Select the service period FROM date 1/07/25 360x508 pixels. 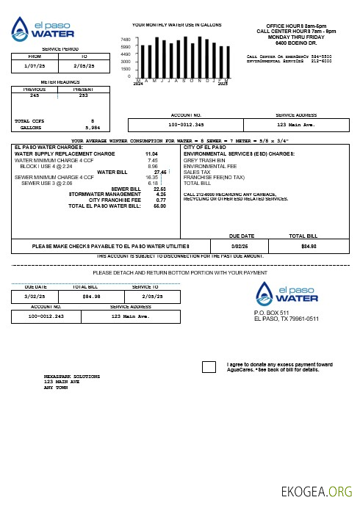(x=35, y=65)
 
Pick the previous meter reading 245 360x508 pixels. (x=35, y=95)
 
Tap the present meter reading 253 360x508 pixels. (x=83, y=95)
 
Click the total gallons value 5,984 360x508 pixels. (x=91, y=127)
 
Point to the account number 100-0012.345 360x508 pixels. (x=186, y=125)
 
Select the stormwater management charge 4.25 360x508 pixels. (x=161, y=194)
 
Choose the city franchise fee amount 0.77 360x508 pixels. (x=161, y=200)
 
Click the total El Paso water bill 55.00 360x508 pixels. (x=159, y=206)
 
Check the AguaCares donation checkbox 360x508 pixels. (x=209, y=367)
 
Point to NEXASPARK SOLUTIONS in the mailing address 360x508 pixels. (x=71, y=376)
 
